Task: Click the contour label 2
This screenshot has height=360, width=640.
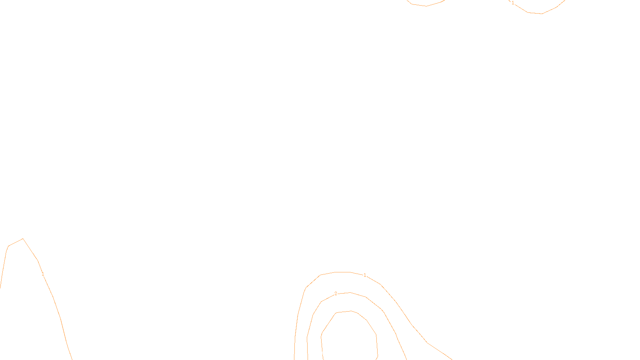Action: [336, 294]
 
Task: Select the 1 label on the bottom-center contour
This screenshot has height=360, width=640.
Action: [365, 275]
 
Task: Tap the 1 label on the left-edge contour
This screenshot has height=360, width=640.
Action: [43, 274]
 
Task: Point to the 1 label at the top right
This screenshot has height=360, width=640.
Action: [513, 3]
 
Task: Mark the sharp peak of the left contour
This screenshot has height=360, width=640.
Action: [23, 239]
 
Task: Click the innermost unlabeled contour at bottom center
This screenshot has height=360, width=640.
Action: [376, 336]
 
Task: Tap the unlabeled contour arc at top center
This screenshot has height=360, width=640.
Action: [426, 6]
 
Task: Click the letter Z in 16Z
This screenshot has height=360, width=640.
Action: [306, 354]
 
